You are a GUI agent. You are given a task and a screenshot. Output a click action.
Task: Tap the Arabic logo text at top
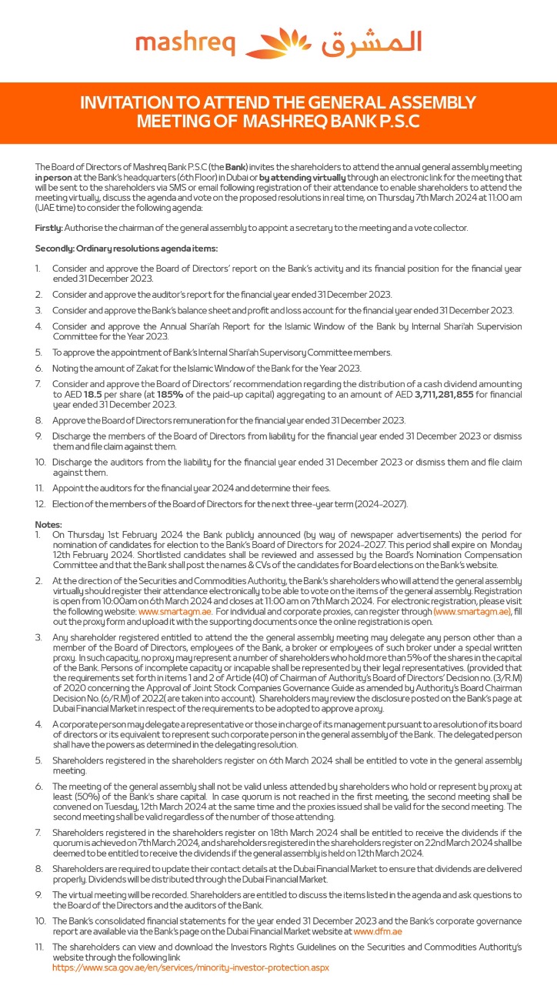click(x=371, y=42)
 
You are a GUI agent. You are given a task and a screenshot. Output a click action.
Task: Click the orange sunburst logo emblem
click(x=278, y=42)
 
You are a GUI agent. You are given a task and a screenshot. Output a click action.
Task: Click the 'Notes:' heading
click(x=48, y=523)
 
